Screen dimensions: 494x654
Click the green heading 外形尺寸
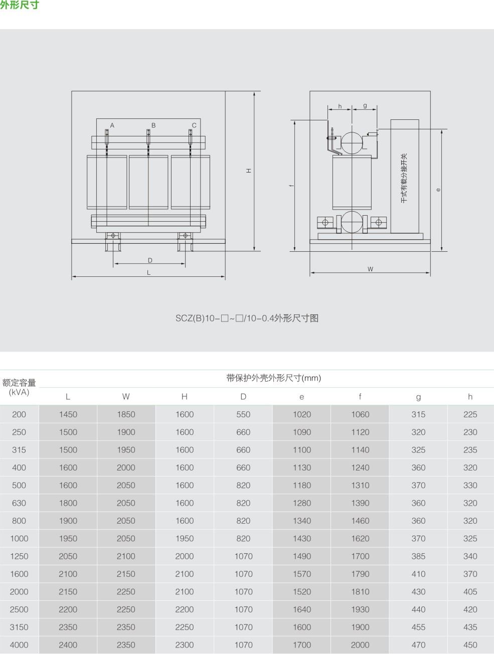tap(20, 5)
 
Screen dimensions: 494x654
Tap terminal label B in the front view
tap(153, 125)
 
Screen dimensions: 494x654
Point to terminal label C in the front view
tap(194, 125)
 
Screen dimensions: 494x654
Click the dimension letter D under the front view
tap(150, 260)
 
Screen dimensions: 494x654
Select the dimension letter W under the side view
tap(370, 269)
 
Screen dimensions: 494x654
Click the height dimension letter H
tap(249, 171)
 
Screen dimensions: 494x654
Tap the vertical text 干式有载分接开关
tap(404, 178)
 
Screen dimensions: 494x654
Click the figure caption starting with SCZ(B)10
tap(247, 318)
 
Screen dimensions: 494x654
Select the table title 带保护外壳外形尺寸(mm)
tap(273, 378)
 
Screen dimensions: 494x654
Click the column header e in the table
tap(302, 397)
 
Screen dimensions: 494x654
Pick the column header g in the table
tap(418, 397)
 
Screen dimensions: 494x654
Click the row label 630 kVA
tap(19, 503)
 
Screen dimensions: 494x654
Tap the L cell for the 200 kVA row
tap(68, 414)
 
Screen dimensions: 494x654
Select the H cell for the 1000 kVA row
tap(185, 539)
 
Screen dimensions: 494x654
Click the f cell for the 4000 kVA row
tap(360, 645)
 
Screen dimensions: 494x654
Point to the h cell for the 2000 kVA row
tap(470, 592)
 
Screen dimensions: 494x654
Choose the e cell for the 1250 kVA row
tap(302, 556)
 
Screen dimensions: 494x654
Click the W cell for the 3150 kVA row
tap(126, 627)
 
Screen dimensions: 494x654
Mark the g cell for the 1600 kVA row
tap(418, 574)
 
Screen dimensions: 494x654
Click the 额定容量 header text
tap(19, 383)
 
